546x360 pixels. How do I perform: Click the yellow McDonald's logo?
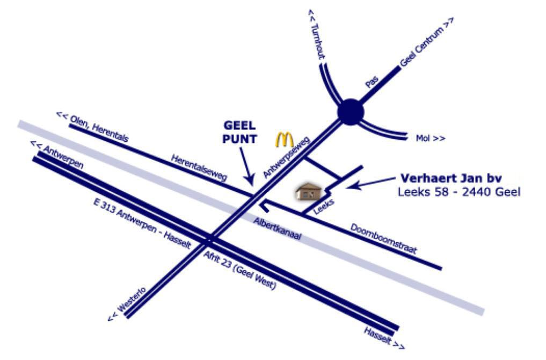285,139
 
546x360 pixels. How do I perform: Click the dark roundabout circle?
351,112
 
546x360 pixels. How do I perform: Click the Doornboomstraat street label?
383,239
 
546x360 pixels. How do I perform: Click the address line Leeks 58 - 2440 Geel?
459,192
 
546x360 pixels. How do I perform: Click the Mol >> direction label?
431,139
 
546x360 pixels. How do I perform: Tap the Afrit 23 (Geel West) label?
239,271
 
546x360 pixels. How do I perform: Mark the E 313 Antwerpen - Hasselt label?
142,221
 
